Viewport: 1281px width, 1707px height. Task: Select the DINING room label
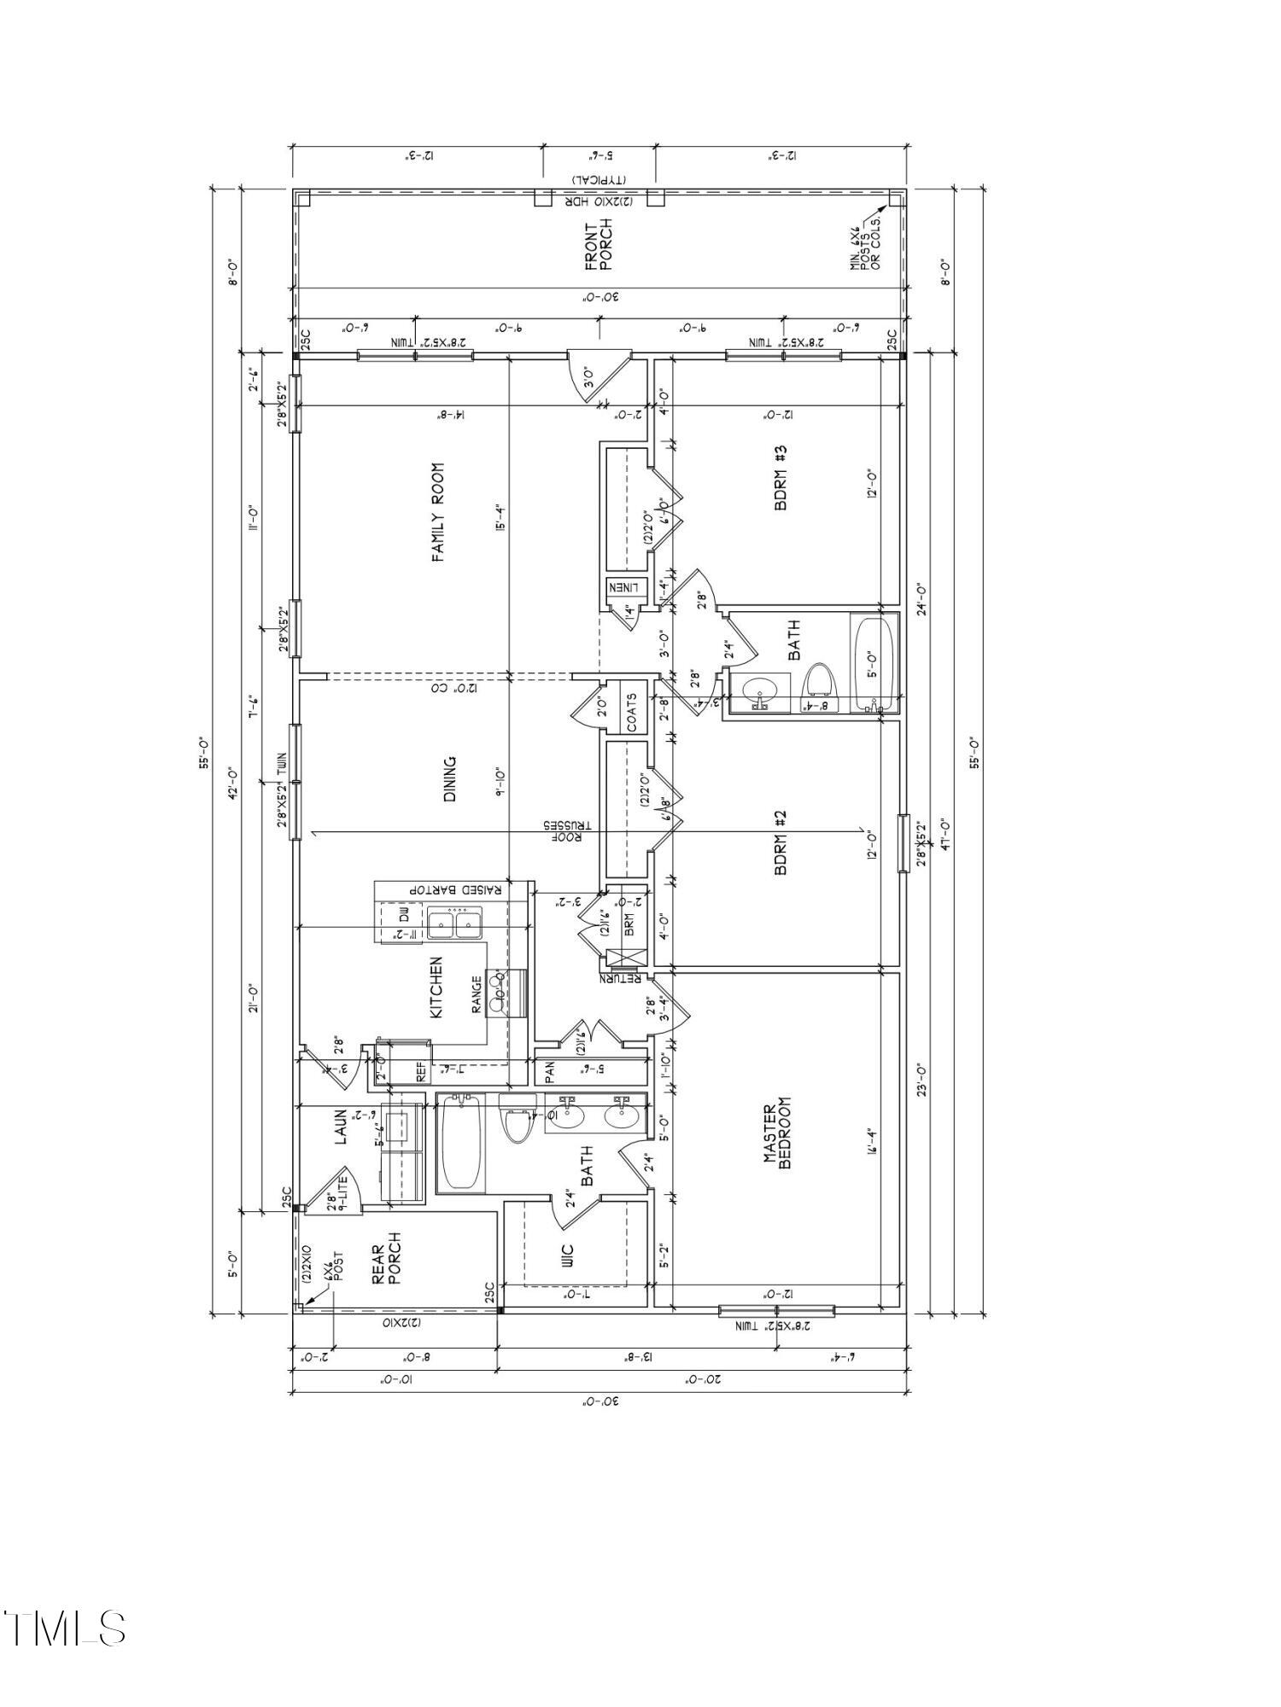tap(450, 778)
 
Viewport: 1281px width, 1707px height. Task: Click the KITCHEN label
tap(436, 987)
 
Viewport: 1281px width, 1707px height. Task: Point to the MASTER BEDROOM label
tap(778, 1135)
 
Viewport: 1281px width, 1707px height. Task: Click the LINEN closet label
tap(628, 587)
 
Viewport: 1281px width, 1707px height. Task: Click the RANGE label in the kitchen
tap(477, 994)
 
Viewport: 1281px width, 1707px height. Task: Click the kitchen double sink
tap(454, 923)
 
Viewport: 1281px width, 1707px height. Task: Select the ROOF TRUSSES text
tap(564, 832)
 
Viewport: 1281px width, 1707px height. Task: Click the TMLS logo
tap(64, 1628)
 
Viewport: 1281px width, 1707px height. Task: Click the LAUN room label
tap(340, 1127)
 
